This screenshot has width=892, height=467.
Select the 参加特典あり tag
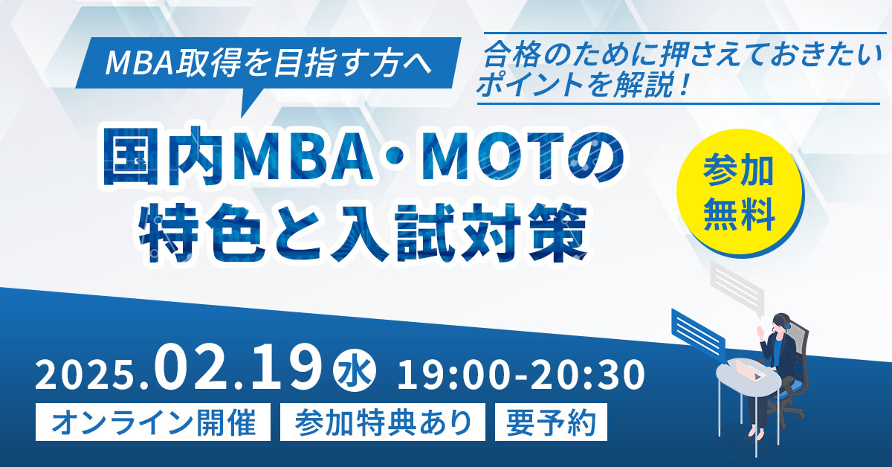(x=383, y=422)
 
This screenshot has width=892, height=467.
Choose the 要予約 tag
(x=550, y=422)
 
